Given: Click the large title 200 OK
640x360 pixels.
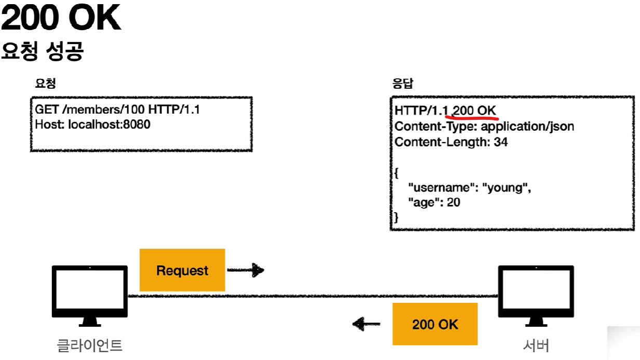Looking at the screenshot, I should [x=61, y=19].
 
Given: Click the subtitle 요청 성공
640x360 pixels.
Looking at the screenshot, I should [x=43, y=51].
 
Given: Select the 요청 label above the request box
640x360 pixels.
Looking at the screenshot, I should [x=45, y=83].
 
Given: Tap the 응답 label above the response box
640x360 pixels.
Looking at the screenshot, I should [x=403, y=83].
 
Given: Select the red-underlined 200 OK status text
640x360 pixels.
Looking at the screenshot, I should [x=475, y=111].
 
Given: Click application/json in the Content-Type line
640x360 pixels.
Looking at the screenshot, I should [x=528, y=127].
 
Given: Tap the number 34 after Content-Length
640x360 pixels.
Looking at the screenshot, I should [x=500, y=142].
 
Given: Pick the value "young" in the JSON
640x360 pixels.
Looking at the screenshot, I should [x=506, y=188].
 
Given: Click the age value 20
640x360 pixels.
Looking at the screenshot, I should [x=453, y=202].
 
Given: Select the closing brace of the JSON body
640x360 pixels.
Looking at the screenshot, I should [x=397, y=217].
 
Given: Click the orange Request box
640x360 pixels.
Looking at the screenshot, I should [x=182, y=270].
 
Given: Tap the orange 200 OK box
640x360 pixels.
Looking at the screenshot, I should [x=435, y=324].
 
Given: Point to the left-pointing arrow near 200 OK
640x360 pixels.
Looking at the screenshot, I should [x=366, y=325].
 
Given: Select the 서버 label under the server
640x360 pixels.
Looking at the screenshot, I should [x=536, y=344].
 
